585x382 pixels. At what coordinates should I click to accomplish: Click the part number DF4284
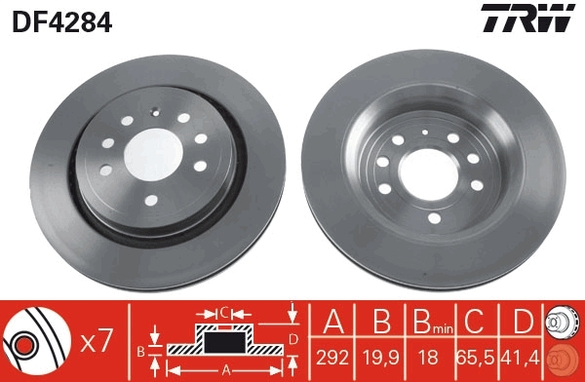62,22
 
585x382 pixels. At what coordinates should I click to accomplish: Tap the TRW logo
527,18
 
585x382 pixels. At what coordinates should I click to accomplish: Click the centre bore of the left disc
153,154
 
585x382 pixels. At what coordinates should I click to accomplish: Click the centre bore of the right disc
428,174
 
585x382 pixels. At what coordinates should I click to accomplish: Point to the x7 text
97,341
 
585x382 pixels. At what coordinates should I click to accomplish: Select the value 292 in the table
332,358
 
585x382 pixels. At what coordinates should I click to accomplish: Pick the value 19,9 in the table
381,358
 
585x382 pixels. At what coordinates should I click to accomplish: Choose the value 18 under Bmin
428,358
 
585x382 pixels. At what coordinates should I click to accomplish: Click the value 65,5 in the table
475,358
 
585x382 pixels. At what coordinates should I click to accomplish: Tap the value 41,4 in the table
522,358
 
